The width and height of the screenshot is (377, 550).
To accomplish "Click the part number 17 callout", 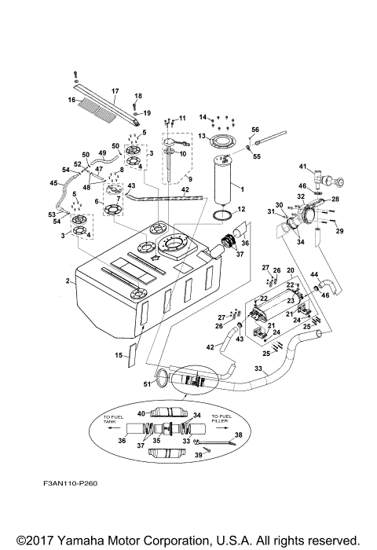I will click(x=115, y=90).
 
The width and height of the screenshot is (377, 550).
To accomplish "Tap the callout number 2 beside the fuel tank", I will click(x=68, y=280).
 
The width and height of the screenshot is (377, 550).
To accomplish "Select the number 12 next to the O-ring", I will click(x=242, y=209).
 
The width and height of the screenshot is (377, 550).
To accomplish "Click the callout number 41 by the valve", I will click(x=302, y=167).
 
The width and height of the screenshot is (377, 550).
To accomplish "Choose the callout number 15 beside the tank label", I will click(x=119, y=355).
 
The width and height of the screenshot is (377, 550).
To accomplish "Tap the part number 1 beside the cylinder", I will click(x=242, y=189).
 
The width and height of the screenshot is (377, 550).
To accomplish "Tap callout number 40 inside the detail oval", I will click(x=141, y=413).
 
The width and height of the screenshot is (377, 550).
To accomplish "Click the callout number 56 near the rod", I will click(x=255, y=129).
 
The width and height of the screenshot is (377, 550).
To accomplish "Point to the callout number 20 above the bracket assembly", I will click(x=290, y=270).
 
